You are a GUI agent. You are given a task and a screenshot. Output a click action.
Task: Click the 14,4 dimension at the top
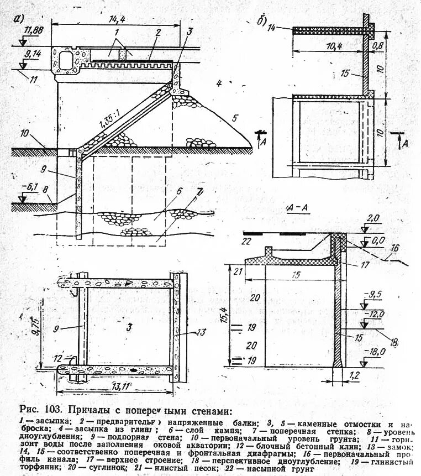(114, 19)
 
